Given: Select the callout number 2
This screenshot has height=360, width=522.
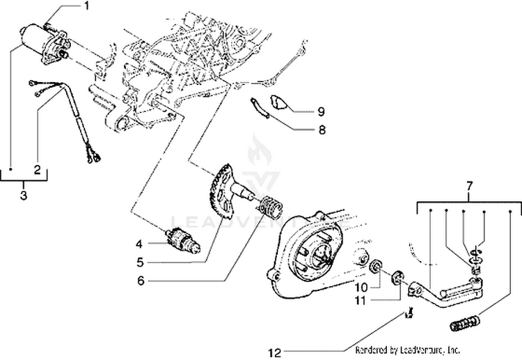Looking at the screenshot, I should [37, 168].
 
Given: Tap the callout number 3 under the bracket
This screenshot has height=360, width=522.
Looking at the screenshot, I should [23, 196].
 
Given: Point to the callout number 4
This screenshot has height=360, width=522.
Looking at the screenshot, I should [139, 244].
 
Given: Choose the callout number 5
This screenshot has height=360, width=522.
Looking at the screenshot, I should [139, 263].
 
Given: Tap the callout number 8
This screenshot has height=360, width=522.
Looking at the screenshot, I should [322, 129].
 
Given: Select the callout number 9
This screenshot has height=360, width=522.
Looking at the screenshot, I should [322, 111].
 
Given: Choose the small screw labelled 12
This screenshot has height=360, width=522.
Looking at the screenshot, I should [409, 315].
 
